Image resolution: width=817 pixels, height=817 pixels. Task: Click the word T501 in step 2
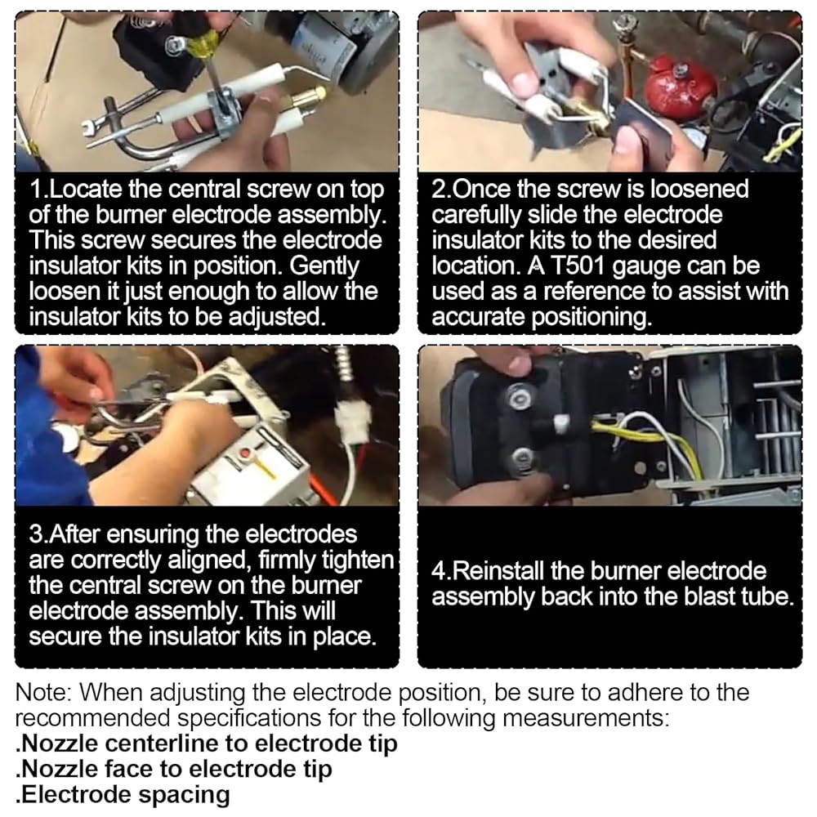click(x=578, y=266)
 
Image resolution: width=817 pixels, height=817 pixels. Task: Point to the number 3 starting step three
click(x=35, y=534)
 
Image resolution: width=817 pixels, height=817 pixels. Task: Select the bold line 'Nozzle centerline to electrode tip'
click(x=207, y=743)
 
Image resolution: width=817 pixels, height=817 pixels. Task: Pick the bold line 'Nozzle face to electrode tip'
click(x=173, y=769)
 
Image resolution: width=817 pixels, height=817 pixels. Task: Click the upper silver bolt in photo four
click(x=519, y=398)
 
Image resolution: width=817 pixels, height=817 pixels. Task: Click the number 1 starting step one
click(x=35, y=190)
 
